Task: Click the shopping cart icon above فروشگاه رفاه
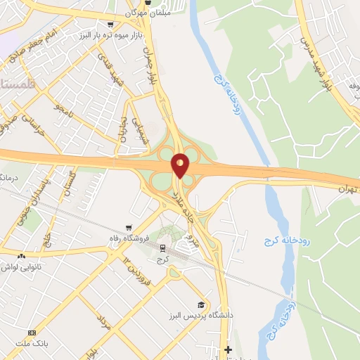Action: (x=128, y=227)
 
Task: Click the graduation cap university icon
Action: (x=201, y=304)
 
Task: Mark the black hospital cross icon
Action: (x=228, y=349)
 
